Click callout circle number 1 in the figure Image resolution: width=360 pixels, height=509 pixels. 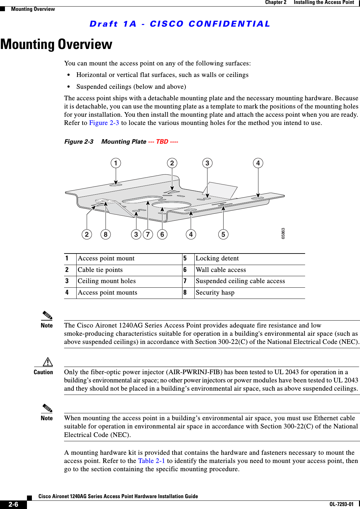coord(115,163)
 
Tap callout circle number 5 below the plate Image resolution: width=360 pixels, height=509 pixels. coord(223,234)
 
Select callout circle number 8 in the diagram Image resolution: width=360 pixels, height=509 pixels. coord(106,234)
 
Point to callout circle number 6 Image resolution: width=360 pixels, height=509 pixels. coord(162,234)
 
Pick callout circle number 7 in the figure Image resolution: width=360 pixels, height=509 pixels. coord(148,234)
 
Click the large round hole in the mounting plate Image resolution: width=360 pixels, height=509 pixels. coord(171,206)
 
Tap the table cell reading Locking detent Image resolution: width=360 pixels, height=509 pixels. coord(217,258)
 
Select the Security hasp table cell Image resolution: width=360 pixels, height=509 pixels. coord(215,293)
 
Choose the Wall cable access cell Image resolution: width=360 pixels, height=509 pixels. coord(221,270)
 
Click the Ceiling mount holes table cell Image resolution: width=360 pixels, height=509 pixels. coord(107,281)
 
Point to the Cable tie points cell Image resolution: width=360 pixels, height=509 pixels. coord(100,270)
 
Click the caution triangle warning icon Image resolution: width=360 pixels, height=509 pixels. coord(48,362)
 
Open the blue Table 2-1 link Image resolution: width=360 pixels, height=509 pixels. coord(152,461)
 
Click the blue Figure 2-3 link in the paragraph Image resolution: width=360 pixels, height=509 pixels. coord(104,123)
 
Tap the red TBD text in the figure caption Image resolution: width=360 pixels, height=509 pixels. coord(162,142)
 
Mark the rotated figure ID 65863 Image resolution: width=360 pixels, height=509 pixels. coord(283,233)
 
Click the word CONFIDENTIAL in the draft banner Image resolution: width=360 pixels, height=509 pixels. coord(229,24)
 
